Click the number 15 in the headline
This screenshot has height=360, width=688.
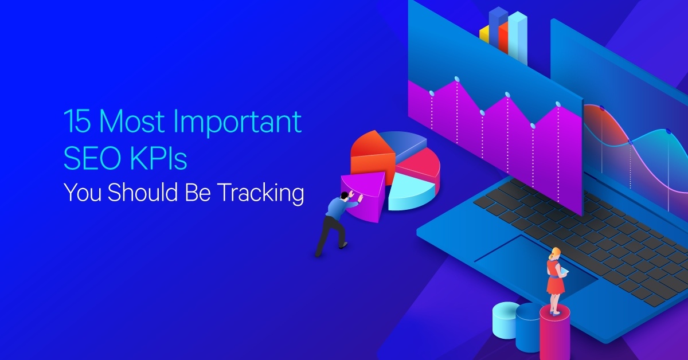[x=77, y=121]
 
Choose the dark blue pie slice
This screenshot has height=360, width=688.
[x=403, y=144]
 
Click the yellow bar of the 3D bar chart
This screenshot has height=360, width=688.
[x=484, y=34]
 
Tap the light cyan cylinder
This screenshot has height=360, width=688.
[x=506, y=320]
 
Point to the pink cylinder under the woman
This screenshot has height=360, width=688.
[x=555, y=332]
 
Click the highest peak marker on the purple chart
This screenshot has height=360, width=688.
[x=457, y=79]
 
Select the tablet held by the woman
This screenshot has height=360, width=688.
[x=565, y=271]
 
